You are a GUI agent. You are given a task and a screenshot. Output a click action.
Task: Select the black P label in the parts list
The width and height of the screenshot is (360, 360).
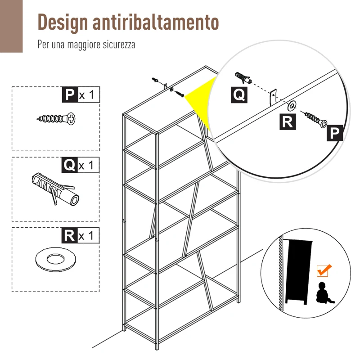69,95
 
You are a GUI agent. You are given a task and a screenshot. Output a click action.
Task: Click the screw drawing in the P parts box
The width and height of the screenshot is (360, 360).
56,119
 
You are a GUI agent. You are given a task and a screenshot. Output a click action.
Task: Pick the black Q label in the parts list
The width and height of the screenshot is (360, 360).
69,165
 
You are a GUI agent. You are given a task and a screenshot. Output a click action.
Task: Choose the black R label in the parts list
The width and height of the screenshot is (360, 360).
69,235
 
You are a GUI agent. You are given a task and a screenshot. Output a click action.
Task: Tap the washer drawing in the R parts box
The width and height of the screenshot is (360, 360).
56,260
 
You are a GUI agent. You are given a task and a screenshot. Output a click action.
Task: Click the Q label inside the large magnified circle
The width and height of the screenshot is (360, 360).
239,94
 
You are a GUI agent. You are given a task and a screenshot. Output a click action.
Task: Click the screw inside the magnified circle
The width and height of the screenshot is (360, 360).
316,120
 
